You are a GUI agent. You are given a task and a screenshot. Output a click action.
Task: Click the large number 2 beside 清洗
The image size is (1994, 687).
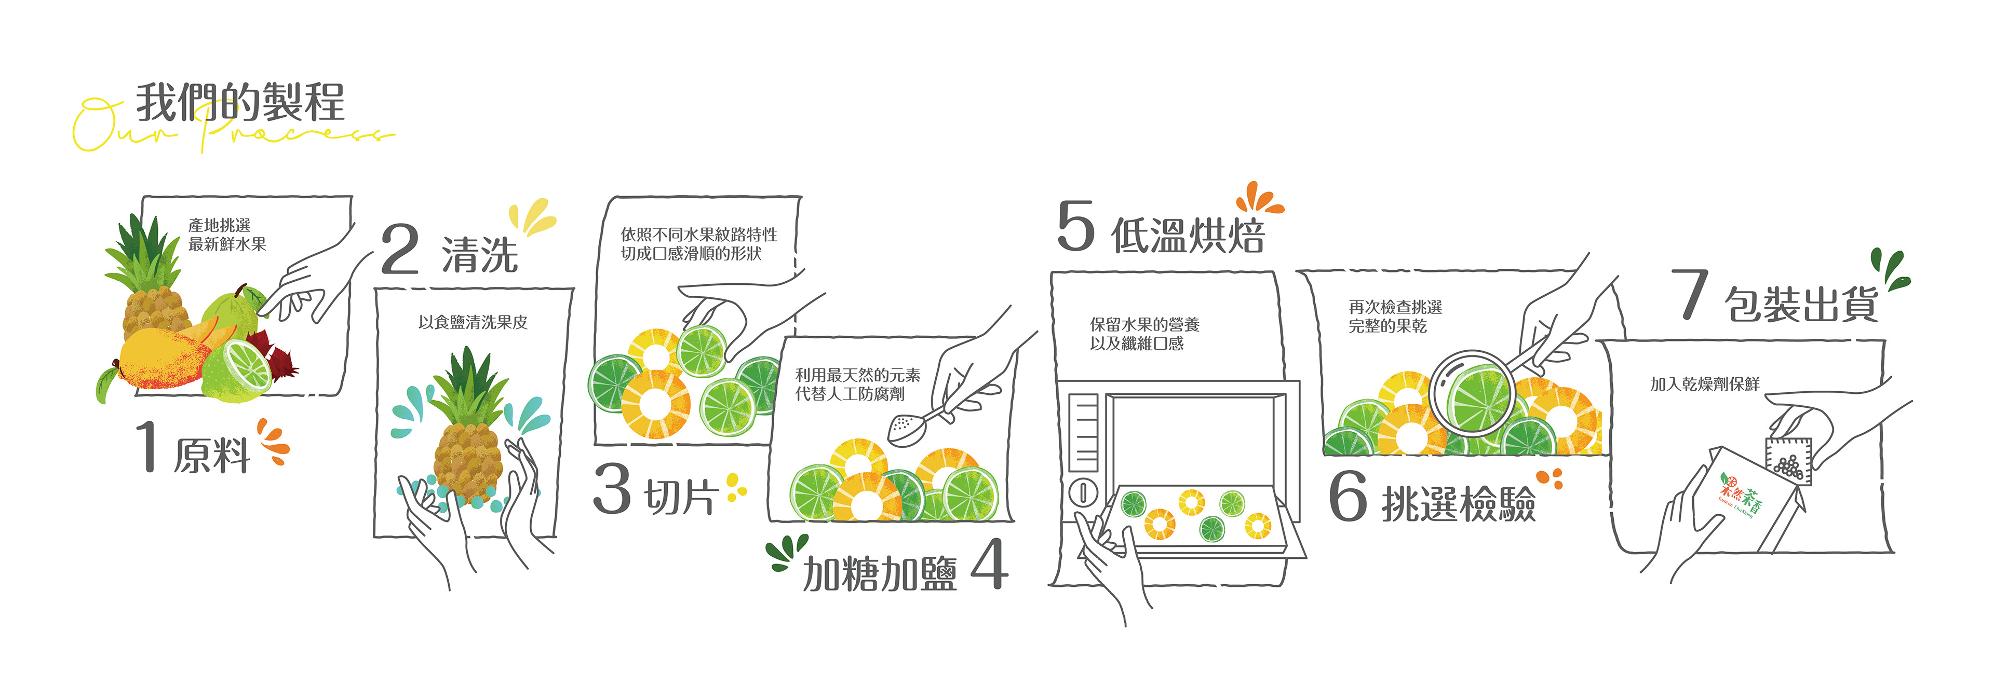400,249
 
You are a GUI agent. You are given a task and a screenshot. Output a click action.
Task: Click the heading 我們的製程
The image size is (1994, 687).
240,102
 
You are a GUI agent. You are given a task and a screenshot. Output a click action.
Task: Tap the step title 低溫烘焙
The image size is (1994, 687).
1188,235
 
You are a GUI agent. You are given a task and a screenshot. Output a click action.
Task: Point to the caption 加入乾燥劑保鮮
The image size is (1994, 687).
1704,384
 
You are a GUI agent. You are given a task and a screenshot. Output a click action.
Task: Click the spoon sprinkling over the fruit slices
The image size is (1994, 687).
906,427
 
